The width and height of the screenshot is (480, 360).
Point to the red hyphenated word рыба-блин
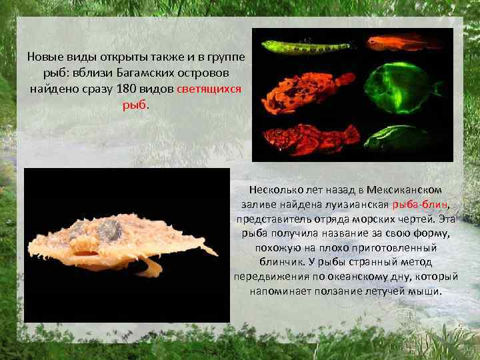(421, 205)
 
